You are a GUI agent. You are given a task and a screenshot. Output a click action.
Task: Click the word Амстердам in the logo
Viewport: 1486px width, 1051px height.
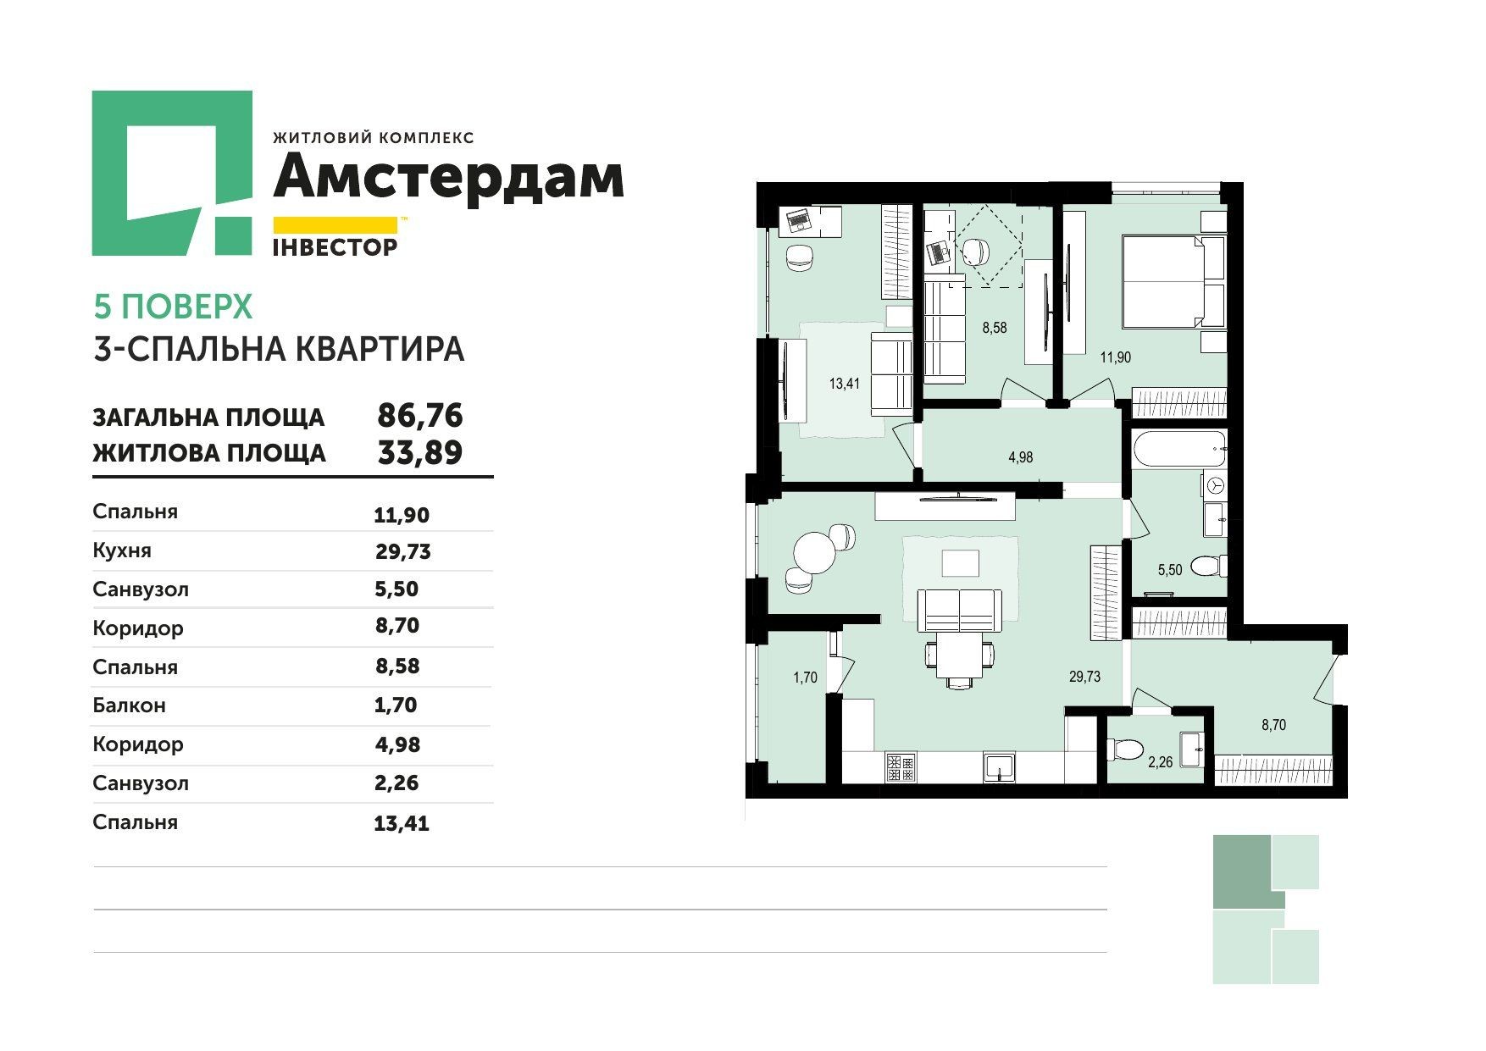coord(447,177)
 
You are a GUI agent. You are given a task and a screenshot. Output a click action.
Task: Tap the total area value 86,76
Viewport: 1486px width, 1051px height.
coord(419,416)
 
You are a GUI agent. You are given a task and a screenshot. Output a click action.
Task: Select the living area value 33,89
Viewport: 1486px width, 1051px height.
coord(419,452)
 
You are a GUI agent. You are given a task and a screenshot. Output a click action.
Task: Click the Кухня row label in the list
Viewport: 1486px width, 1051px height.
coord(122,550)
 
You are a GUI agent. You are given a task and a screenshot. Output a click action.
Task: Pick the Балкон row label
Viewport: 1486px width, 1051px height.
coord(129,705)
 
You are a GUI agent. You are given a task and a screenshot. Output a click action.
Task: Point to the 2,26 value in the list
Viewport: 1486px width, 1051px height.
coord(396,783)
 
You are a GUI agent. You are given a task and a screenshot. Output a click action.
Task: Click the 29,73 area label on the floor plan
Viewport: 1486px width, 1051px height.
coord(1084,677)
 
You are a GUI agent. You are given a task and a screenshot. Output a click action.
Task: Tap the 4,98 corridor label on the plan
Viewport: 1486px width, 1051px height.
coord(1020,457)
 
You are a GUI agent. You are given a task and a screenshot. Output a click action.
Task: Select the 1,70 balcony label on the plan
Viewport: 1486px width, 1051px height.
coord(805,677)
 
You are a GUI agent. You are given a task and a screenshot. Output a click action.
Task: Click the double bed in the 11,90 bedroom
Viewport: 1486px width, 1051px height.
coord(1173,281)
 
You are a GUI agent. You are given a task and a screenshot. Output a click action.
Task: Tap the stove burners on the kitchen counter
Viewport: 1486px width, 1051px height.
coord(900,767)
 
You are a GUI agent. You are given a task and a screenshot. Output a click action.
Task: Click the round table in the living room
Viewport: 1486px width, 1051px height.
coord(813,553)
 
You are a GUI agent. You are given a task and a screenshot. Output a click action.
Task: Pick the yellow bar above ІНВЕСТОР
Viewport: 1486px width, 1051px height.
coord(335,225)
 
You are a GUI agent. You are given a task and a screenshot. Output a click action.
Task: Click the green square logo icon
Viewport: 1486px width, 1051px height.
coord(172,173)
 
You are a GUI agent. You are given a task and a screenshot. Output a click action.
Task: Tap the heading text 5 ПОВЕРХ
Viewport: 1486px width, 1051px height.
coord(173,307)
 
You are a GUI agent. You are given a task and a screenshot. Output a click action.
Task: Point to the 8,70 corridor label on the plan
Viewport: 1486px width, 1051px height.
coord(1274,725)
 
